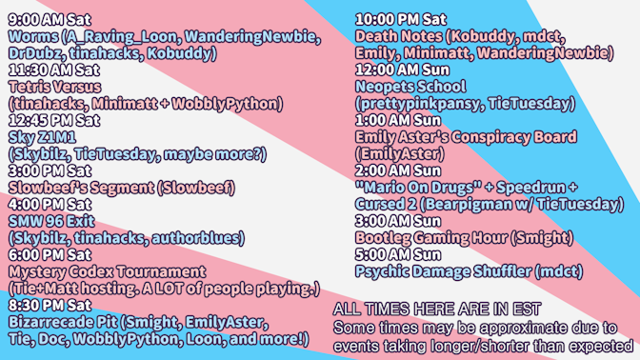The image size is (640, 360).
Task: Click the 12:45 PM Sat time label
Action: (53, 120)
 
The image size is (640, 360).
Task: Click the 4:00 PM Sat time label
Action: (50, 204)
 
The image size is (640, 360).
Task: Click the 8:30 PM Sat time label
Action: (50, 305)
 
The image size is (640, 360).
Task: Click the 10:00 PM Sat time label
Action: (400, 20)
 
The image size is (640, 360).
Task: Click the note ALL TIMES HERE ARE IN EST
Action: (437, 310)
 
